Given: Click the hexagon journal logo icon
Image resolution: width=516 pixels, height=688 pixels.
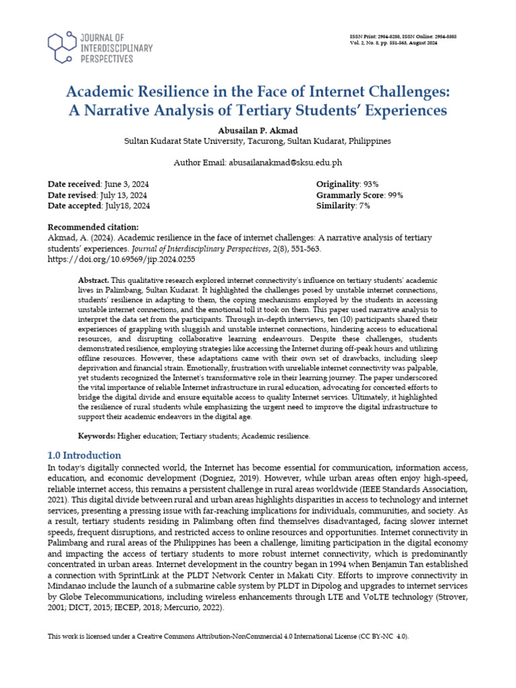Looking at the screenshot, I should [x=62, y=45].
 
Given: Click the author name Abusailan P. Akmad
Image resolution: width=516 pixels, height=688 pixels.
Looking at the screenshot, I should [x=258, y=130].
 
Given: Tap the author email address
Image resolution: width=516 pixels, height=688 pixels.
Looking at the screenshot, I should [x=286, y=163].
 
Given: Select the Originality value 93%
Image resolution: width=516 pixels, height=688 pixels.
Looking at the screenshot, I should [x=372, y=183].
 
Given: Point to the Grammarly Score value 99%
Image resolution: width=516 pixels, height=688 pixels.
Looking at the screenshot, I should [x=395, y=195].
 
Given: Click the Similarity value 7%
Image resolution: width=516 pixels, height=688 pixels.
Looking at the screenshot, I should [x=364, y=206].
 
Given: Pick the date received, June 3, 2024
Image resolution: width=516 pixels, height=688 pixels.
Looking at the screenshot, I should [x=126, y=183].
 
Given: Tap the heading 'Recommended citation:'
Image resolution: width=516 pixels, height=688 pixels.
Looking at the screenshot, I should [x=93, y=226].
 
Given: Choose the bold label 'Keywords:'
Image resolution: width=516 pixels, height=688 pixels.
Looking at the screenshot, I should [x=99, y=436].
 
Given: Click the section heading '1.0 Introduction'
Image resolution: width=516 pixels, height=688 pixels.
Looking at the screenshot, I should [x=85, y=455].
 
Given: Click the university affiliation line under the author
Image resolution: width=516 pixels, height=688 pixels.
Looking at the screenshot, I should [x=258, y=142].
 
